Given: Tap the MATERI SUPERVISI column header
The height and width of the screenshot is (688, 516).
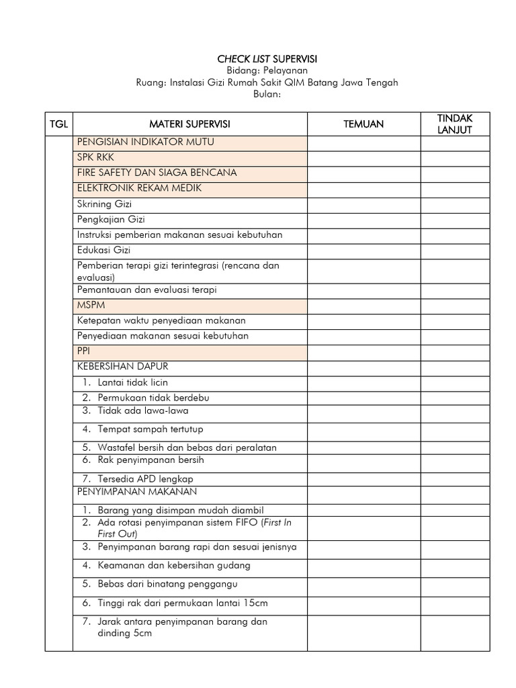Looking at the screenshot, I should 189,124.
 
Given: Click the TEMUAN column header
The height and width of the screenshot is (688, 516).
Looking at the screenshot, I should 363,124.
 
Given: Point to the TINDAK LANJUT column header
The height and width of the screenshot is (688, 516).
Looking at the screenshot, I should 455,124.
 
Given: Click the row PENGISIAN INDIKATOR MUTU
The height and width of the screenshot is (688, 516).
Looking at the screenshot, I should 146,142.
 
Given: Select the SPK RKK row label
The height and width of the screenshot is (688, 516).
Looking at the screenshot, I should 95,157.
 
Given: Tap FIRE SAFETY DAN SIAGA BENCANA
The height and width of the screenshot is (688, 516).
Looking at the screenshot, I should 157,173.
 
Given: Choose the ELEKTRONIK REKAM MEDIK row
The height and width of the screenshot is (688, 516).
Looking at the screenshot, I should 139,188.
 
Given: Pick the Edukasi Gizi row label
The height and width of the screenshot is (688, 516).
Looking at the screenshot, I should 103,250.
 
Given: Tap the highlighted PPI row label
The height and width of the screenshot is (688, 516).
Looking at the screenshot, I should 83,351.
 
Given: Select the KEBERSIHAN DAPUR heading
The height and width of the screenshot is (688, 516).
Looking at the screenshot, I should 122,366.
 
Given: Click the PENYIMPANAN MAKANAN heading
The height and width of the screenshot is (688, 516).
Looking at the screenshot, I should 137,492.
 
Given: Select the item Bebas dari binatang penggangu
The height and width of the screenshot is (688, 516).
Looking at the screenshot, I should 167,584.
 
